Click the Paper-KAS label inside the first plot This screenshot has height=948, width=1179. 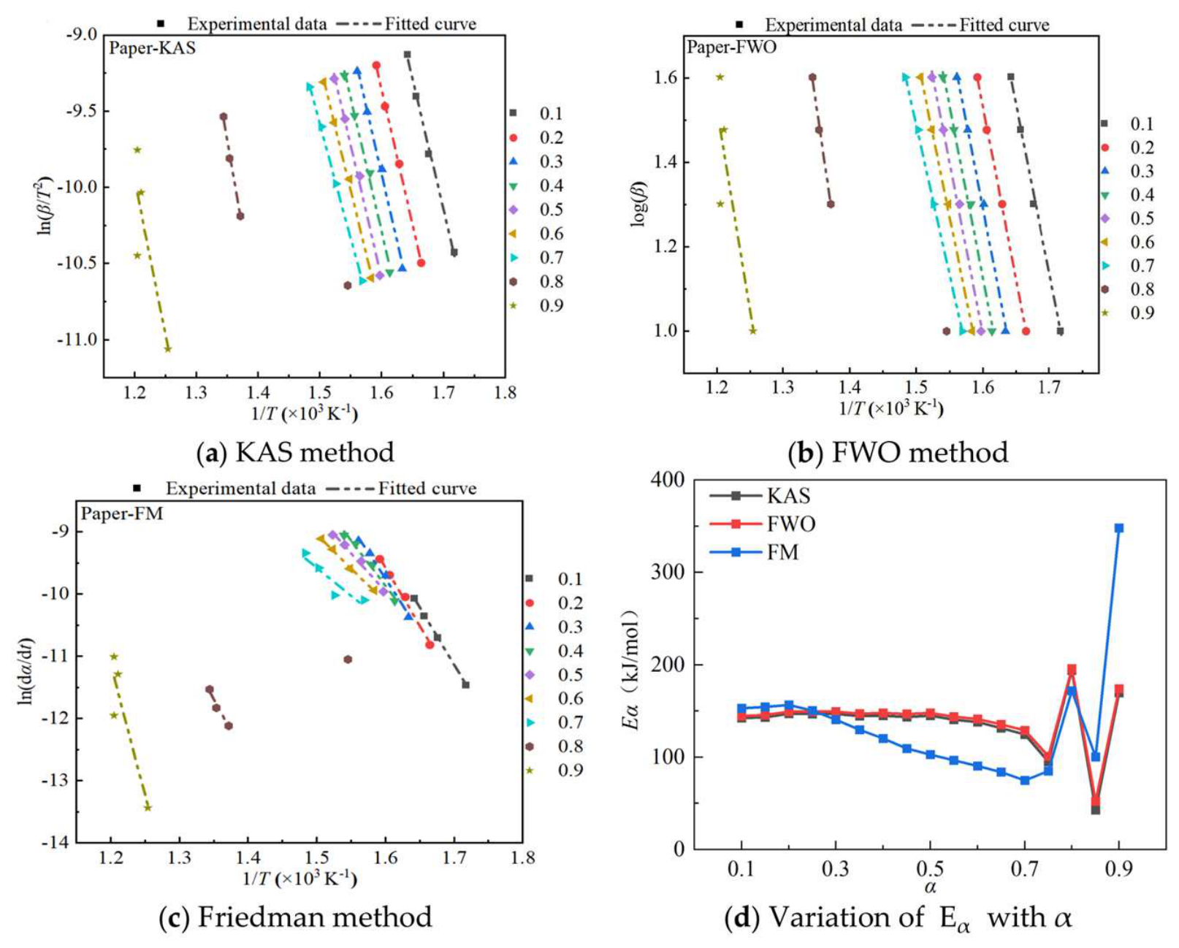(152, 48)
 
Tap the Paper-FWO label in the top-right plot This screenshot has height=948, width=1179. (731, 47)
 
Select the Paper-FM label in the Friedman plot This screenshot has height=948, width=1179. (122, 513)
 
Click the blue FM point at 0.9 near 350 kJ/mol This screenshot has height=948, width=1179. (1119, 528)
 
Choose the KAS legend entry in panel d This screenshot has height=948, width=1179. (760, 496)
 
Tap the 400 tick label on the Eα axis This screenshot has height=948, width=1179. (666, 480)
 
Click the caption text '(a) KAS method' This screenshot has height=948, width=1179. (295, 453)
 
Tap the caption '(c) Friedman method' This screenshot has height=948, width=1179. (295, 917)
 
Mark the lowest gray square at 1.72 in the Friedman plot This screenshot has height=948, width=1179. (466, 684)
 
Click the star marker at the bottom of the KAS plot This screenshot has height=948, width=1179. (168, 348)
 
